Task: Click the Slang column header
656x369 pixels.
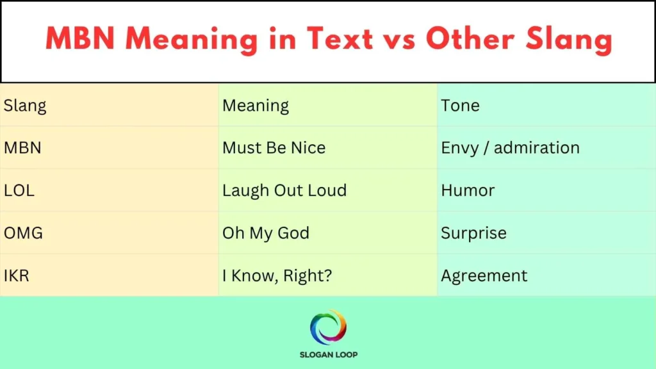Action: click(x=25, y=106)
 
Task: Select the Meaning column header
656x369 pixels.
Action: click(x=256, y=106)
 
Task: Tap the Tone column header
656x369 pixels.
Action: click(x=460, y=106)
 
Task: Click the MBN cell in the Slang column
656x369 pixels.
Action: click(x=22, y=148)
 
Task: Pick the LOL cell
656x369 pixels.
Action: click(x=20, y=190)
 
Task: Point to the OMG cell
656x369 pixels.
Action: click(x=23, y=233)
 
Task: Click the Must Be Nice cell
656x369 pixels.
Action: click(x=274, y=148)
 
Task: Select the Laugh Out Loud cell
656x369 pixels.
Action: click(x=284, y=190)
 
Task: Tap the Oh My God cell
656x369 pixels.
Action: click(x=266, y=233)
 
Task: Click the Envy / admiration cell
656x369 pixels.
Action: click(x=510, y=148)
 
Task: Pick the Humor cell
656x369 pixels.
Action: click(x=468, y=190)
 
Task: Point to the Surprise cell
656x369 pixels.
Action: click(x=473, y=233)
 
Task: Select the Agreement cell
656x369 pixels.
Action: click(x=484, y=276)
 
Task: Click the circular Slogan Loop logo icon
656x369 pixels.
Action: click(x=328, y=327)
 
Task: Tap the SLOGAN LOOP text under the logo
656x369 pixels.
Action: click(x=328, y=355)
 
